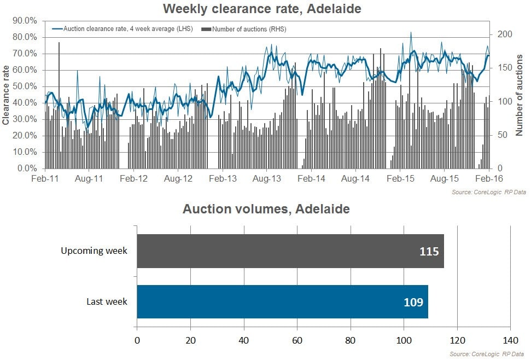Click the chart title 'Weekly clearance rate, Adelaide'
(262, 9)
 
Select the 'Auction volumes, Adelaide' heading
(266, 209)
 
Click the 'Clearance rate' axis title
(6, 95)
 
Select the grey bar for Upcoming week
(290, 251)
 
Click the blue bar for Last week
(282, 301)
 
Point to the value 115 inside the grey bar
(428, 252)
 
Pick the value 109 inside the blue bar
(413, 301)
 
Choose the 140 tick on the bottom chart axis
(510, 339)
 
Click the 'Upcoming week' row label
(94, 251)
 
